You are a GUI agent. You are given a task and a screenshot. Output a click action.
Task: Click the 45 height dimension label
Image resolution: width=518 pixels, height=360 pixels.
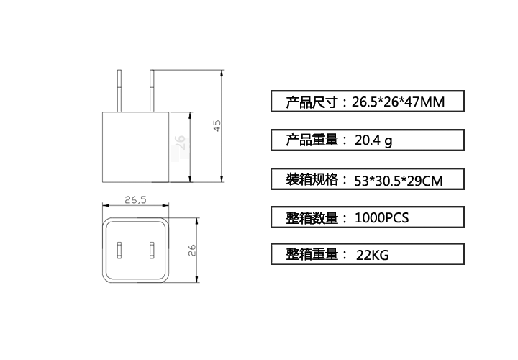(x=217, y=125)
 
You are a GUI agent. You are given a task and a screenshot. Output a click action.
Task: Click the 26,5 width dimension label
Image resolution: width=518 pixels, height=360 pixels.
(x=135, y=199)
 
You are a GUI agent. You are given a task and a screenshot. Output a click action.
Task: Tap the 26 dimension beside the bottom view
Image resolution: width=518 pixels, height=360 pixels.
(x=192, y=250)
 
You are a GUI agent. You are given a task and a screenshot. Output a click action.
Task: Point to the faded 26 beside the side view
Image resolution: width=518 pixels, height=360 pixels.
(x=180, y=142)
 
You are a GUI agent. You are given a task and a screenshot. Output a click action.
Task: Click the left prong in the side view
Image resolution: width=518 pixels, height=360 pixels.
(x=119, y=91)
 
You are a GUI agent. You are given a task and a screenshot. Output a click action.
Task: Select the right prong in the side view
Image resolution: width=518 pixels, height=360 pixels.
(x=152, y=91)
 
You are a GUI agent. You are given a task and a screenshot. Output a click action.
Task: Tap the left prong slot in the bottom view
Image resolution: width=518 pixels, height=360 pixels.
(x=119, y=250)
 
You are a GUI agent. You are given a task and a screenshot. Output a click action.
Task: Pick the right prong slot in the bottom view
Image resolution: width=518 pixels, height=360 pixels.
(x=152, y=250)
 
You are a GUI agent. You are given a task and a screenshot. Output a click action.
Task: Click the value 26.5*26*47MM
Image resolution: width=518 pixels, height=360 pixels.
(x=398, y=102)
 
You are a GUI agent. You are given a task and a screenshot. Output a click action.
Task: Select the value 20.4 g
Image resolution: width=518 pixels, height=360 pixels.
(x=373, y=140)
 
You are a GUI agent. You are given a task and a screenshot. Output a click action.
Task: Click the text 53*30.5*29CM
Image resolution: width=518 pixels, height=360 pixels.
(x=399, y=181)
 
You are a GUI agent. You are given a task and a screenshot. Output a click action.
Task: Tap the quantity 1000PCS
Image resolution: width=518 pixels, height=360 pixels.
(x=381, y=218)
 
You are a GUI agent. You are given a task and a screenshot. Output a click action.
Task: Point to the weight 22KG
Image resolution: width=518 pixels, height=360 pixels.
(x=373, y=255)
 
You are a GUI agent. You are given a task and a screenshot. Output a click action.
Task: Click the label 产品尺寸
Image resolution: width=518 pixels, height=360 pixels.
(x=312, y=102)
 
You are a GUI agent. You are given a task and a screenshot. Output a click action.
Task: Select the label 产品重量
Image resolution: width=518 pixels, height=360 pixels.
(x=312, y=140)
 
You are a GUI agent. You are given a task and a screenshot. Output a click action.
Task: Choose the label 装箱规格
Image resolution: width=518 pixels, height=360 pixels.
(x=312, y=179)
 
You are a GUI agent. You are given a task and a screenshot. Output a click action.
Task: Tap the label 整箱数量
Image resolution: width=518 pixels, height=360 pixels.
(x=312, y=218)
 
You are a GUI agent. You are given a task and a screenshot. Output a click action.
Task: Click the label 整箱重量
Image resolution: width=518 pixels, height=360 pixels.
(x=312, y=254)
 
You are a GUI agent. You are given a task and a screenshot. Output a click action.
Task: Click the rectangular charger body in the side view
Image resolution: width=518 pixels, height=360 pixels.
(x=136, y=147)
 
